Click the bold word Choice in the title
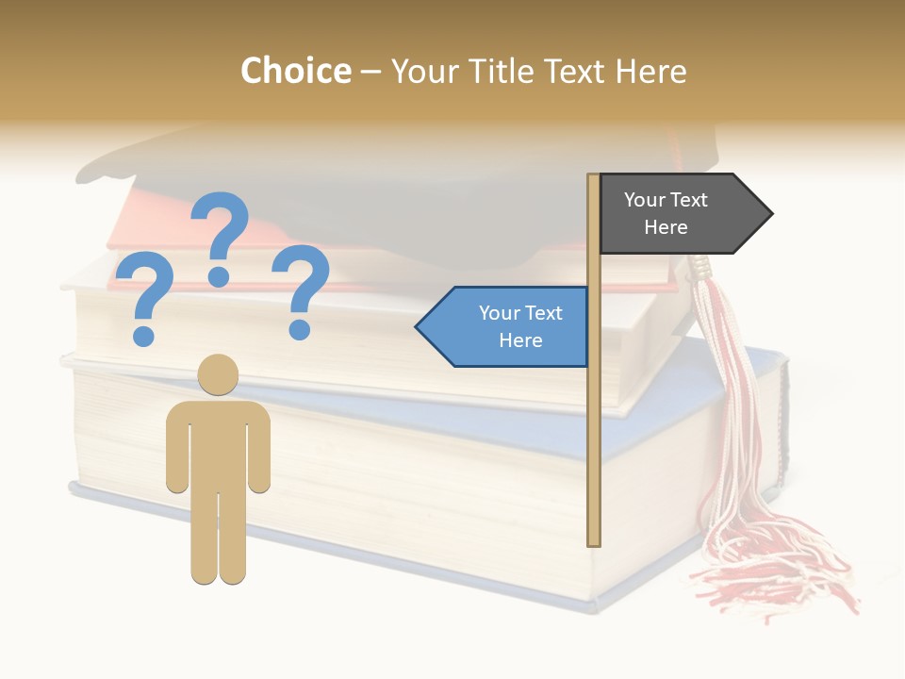coord(295,71)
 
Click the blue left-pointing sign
coord(509,327)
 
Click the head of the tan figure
coord(218,374)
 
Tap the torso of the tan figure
coord(218,439)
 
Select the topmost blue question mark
coord(221,231)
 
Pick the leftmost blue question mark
coord(143,292)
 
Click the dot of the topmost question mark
coord(219,276)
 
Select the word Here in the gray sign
coord(666,227)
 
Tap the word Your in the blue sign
coord(497,313)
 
